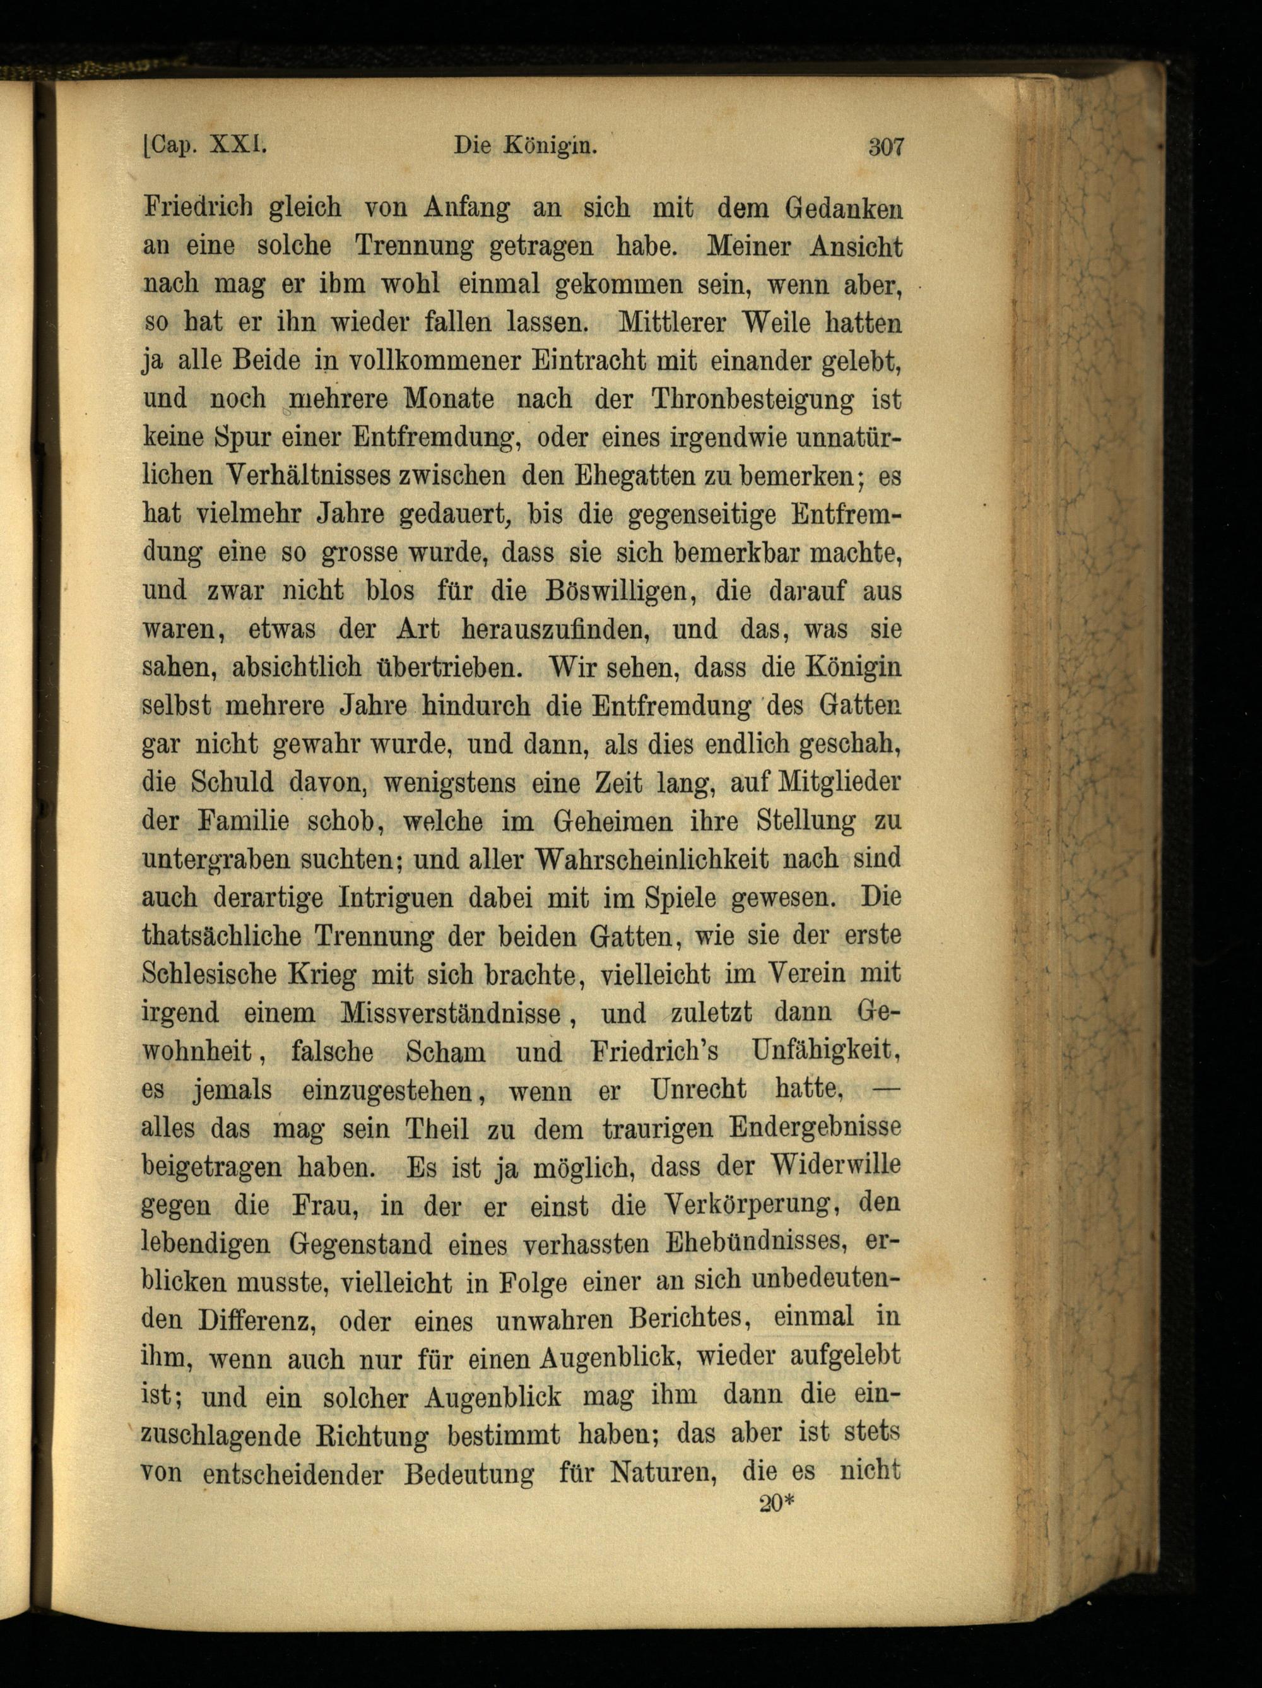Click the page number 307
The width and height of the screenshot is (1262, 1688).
(x=885, y=146)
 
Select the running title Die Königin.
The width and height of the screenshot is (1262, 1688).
(x=524, y=146)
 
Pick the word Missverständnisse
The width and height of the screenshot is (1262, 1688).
(x=447, y=1013)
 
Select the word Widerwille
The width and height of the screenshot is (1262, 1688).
(x=837, y=1166)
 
